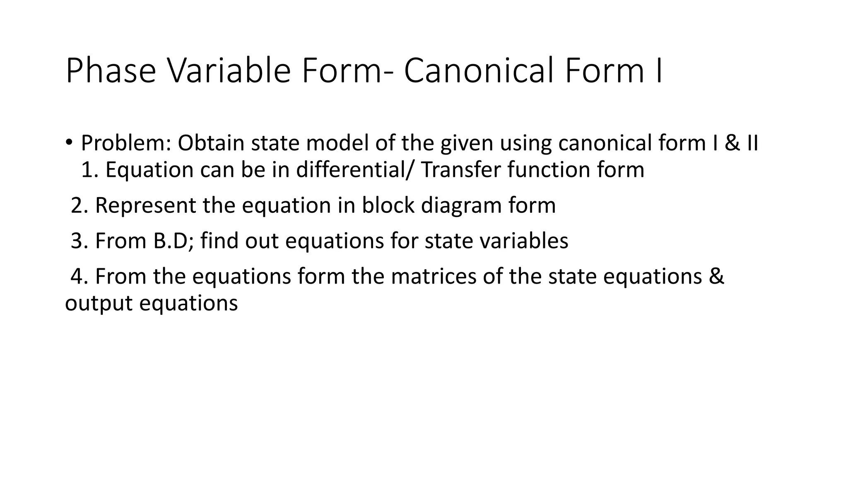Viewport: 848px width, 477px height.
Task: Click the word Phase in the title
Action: point(111,71)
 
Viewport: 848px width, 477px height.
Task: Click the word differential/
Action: point(354,170)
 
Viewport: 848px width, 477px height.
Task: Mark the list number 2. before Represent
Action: point(79,205)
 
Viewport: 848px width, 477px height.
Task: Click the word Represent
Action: point(145,205)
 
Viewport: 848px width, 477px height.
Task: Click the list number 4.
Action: point(79,277)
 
